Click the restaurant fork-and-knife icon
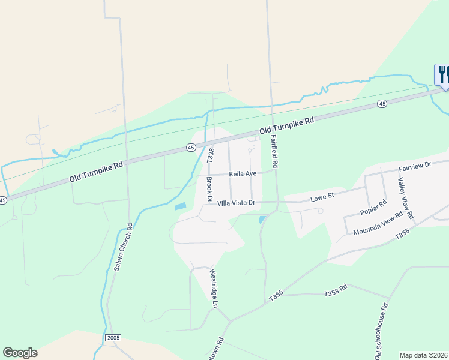point(442,74)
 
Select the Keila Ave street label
point(243,174)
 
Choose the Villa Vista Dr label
point(237,203)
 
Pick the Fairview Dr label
point(415,165)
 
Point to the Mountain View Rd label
point(378,224)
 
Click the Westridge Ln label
point(212,288)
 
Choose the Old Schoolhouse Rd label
point(381,331)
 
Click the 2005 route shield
point(113,338)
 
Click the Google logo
point(20,352)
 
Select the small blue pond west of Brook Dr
point(180,206)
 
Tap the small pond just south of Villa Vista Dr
point(262,220)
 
